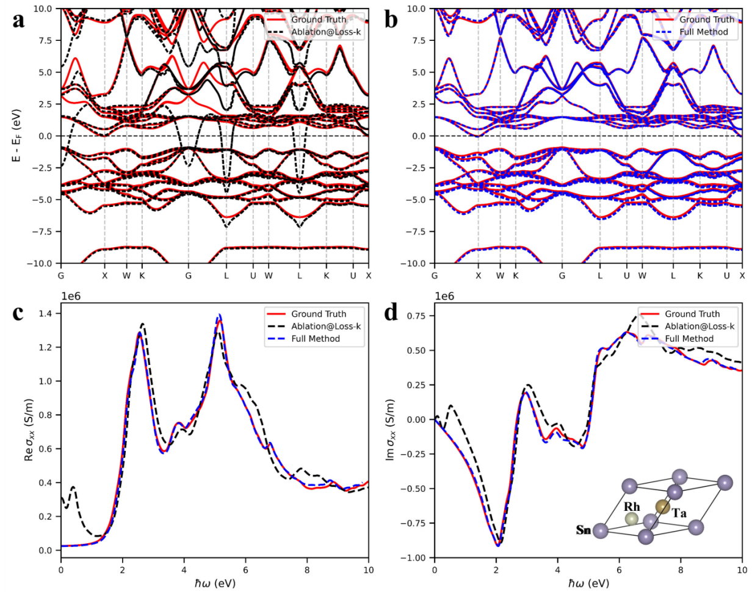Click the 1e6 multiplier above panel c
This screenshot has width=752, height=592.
(72, 297)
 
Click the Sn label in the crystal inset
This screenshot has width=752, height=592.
(584, 530)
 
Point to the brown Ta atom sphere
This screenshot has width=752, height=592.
(662, 506)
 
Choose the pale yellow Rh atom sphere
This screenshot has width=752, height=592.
(632, 519)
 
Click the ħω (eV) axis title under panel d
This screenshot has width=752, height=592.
(588, 583)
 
